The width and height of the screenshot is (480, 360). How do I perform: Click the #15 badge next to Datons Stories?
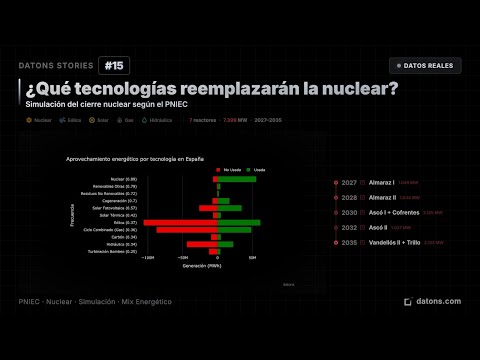click(113, 66)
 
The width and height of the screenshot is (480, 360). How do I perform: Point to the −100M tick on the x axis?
click(148, 258)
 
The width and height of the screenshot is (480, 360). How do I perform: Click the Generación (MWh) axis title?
click(203, 265)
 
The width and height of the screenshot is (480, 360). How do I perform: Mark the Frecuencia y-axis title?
click(73, 215)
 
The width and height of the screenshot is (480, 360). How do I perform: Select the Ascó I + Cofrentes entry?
click(394, 213)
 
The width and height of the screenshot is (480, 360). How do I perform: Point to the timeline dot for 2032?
click(336, 228)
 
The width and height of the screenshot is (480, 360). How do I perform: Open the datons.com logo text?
click(438, 301)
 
